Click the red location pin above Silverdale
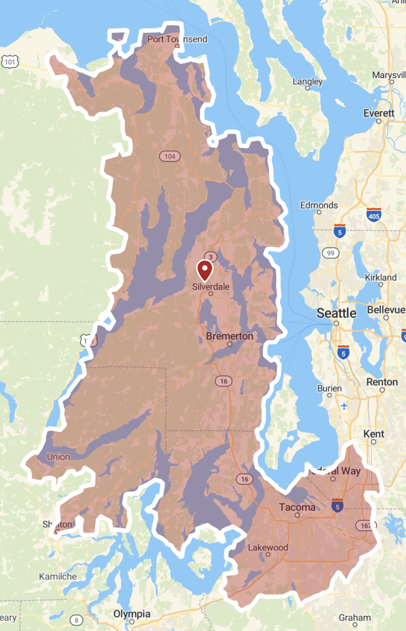coord(205,270)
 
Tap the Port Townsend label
coord(177,39)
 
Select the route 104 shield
coord(170,156)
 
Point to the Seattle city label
coord(336,313)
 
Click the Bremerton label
coord(229,336)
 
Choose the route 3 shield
coord(211,257)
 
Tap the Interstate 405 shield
coord(374,215)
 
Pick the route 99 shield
coord(331,253)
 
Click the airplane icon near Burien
coord(344,406)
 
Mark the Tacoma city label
coord(297,507)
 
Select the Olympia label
coord(132,613)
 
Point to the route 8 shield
coord(76,620)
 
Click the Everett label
coord(379,113)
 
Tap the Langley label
coord(307,81)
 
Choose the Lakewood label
coord(268,547)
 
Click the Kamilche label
coord(58,576)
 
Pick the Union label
coord(58,457)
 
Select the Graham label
coord(354,617)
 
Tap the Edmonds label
coord(319,205)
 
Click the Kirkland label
coord(380,277)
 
